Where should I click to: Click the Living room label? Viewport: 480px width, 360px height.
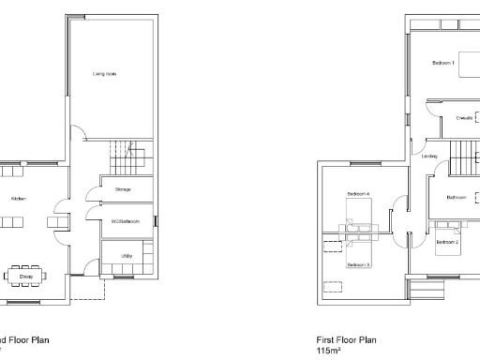click(x=104, y=72)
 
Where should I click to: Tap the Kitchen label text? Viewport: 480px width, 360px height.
click(x=19, y=199)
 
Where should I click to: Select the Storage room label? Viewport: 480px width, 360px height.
click(x=123, y=189)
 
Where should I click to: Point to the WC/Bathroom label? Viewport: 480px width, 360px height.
click(x=125, y=221)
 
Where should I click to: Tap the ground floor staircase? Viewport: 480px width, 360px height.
click(x=125, y=152)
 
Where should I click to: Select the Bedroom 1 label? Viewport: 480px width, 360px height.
click(x=443, y=63)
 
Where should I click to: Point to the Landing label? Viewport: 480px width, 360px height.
click(x=431, y=156)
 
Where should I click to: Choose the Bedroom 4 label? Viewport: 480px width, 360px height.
click(x=359, y=193)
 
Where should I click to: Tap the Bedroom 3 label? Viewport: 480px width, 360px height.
click(x=359, y=264)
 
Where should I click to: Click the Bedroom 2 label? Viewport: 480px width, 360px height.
click(x=447, y=242)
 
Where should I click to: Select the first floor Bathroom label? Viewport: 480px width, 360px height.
click(x=457, y=197)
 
